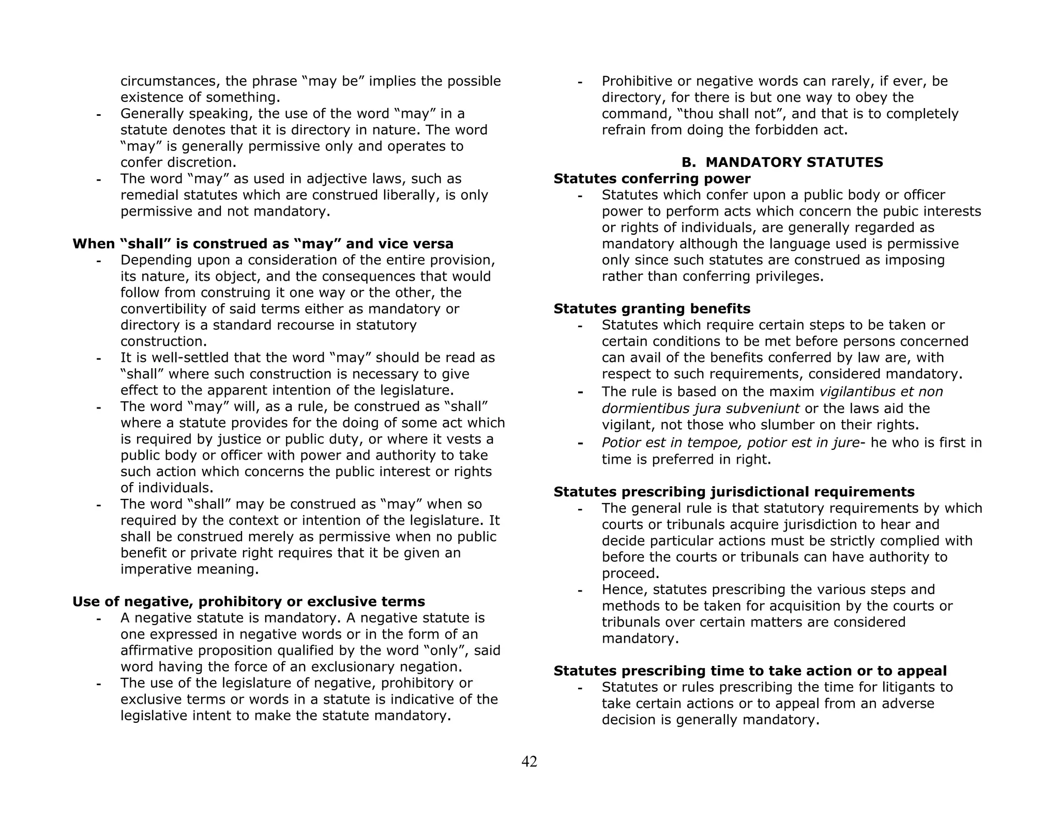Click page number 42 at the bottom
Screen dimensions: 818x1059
coord(529,761)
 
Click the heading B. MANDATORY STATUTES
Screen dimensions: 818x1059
coord(782,162)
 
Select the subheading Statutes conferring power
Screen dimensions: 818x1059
coord(652,179)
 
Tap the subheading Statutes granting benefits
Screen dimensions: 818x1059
coord(652,309)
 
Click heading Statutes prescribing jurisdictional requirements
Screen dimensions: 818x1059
coord(734,492)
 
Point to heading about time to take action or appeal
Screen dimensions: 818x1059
coord(750,671)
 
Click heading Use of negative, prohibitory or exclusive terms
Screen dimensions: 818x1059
coord(248,602)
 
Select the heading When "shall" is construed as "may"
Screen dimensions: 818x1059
coord(263,244)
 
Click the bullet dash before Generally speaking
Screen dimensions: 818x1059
coord(98,114)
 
